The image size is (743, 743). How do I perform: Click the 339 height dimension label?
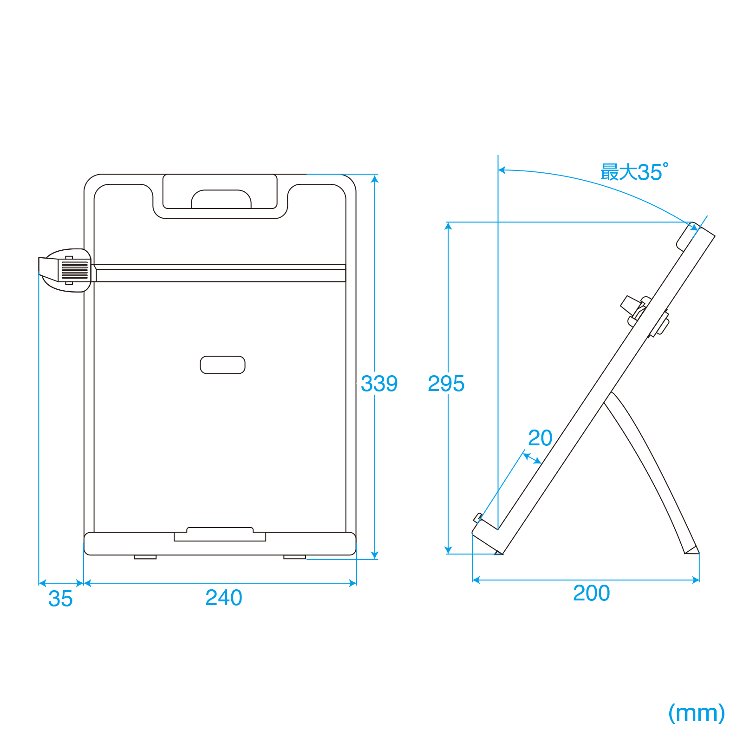click(379, 384)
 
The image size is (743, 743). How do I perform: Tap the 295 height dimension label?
click(446, 384)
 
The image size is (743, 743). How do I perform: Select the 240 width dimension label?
click(224, 598)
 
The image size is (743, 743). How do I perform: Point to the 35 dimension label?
click(60, 599)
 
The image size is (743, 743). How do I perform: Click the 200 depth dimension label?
click(591, 593)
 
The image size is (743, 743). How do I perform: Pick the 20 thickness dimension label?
click(540, 438)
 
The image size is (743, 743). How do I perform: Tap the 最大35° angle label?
click(634, 172)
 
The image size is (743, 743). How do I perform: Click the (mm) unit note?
click(697, 713)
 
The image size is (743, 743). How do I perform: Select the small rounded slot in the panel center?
click(222, 365)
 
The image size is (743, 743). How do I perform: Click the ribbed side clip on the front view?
click(65, 270)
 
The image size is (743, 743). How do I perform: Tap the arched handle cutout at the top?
click(221, 199)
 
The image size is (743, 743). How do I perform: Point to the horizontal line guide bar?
click(220, 273)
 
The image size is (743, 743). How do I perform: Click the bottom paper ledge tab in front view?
click(220, 534)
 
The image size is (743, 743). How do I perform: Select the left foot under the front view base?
click(145, 557)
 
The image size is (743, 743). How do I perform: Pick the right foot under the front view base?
click(295, 557)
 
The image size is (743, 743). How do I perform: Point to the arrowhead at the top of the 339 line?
click(375, 179)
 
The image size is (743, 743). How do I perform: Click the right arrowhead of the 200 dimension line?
click(696, 580)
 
